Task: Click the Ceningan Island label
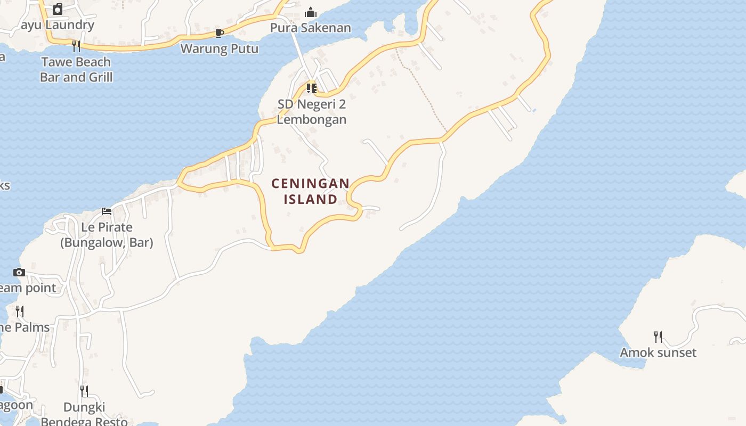point(311,191)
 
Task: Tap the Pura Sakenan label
point(311,28)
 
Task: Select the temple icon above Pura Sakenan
point(311,12)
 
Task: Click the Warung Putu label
point(220,48)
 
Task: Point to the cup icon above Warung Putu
point(219,34)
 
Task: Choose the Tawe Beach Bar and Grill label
point(76,69)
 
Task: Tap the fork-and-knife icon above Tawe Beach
point(76,46)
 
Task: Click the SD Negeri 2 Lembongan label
point(312,112)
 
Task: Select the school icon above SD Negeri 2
point(312,88)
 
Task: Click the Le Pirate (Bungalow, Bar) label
point(107,235)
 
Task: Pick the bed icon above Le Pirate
point(107,211)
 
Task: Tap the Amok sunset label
point(658,353)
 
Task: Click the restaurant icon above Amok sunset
point(658,337)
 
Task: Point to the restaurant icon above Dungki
point(84,391)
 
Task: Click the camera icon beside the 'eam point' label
point(19,273)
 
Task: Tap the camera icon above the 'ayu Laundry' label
point(58,9)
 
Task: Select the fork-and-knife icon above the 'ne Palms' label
point(20,312)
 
